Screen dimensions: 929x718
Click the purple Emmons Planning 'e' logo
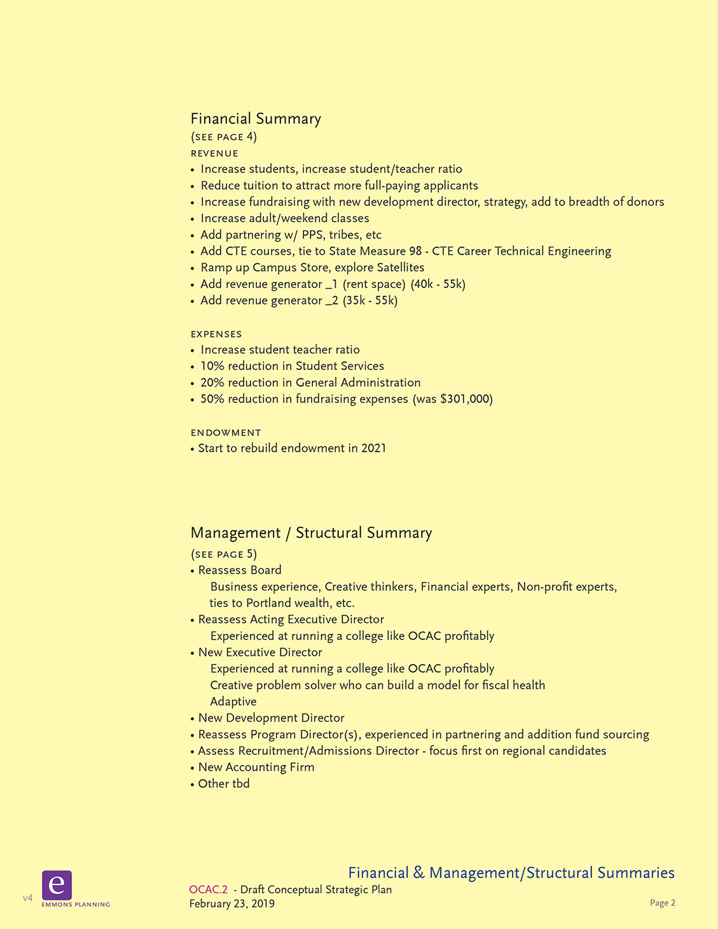57,884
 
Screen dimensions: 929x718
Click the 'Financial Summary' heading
256,119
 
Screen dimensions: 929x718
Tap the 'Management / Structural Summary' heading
311,533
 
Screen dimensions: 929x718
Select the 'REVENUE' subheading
214,153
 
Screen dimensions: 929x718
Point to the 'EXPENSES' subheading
216,334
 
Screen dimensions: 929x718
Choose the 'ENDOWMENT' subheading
226,432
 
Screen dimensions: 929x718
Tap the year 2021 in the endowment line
373,448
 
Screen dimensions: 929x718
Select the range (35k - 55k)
370,301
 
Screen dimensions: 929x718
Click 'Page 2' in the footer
662,903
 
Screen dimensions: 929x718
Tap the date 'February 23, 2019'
231,904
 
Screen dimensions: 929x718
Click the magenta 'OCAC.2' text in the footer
208,890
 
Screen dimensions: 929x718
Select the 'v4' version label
27,898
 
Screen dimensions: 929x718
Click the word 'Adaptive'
233,702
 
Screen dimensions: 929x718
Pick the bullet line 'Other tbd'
223,784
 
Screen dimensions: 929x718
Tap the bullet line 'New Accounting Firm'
256,767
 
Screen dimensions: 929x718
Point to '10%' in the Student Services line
212,366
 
